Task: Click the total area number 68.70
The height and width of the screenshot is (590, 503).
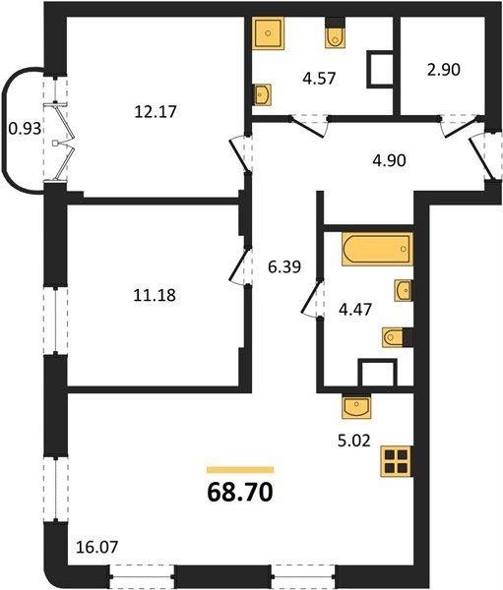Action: (x=240, y=493)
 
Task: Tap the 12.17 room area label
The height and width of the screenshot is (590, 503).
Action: (x=156, y=112)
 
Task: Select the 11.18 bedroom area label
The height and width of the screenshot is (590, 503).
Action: (x=155, y=295)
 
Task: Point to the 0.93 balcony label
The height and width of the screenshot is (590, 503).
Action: (x=25, y=129)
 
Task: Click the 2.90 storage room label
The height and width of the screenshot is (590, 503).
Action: (x=444, y=70)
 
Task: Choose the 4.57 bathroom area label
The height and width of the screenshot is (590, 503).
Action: (x=319, y=79)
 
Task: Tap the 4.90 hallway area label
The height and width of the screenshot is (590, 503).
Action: (x=389, y=160)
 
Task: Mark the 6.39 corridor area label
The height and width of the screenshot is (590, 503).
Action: (x=284, y=267)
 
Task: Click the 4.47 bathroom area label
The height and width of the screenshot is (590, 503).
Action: (x=355, y=310)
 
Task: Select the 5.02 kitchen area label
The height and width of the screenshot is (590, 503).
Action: (x=354, y=441)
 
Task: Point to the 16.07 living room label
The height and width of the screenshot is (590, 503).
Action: (x=97, y=547)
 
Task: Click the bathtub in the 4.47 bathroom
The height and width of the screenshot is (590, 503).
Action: (x=377, y=249)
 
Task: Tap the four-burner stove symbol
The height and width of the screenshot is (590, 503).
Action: (x=397, y=462)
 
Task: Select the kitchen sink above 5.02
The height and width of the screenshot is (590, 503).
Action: (x=356, y=406)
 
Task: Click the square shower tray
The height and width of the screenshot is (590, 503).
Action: (x=268, y=33)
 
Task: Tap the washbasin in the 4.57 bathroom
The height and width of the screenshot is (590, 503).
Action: (x=262, y=94)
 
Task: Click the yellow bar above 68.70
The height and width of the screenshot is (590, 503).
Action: (x=240, y=469)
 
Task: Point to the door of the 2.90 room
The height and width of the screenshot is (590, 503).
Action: (x=462, y=128)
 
